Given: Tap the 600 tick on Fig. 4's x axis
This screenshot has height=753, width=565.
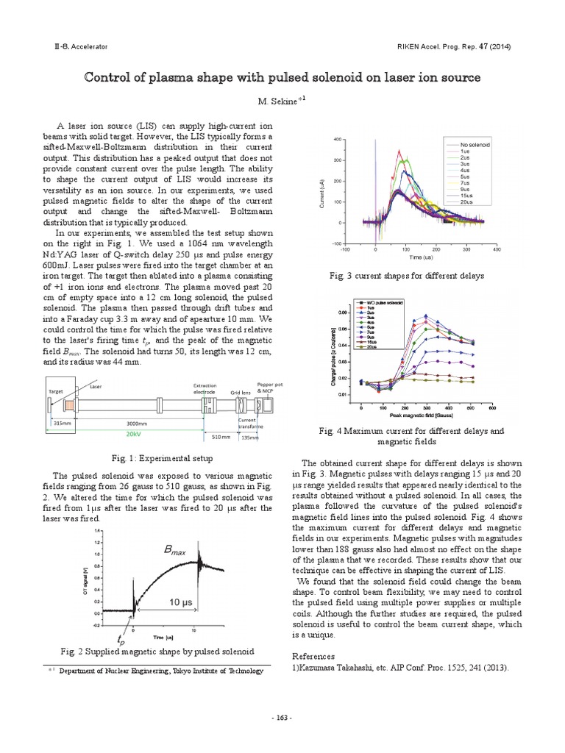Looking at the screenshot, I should (491, 407).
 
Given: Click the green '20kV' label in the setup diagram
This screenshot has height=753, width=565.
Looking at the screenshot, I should (132, 434).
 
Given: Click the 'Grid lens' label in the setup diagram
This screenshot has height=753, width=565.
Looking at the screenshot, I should (241, 393).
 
